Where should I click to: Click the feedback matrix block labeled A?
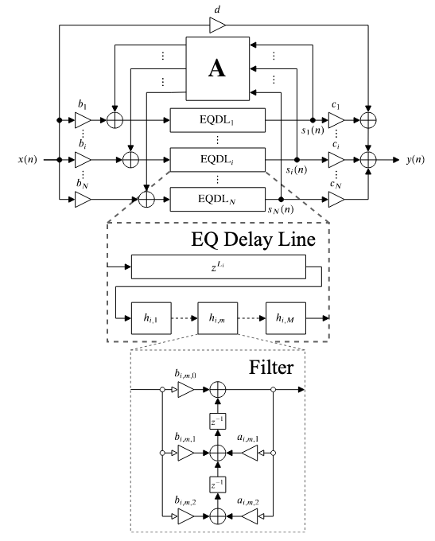coord(217,68)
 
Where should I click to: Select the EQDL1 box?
coord(217,120)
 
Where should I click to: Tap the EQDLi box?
coord(217,159)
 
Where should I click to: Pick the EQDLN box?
coord(217,199)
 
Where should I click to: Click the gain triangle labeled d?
coord(217,25)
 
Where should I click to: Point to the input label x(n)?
coord(28,159)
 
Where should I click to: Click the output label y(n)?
coord(415,159)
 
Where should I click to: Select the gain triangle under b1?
coord(83,120)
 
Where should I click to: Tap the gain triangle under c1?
coord(336,120)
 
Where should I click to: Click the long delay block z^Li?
coord(219,267)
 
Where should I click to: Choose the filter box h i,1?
coord(151,318)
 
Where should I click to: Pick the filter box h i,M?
coord(285,318)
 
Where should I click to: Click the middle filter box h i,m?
coord(217,318)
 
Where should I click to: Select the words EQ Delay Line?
coord(253,239)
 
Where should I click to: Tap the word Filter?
coord(271,367)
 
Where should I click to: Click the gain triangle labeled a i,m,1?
coord(250,453)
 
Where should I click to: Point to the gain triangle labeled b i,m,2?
coord(186,516)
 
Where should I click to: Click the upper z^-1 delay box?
coord(218,421)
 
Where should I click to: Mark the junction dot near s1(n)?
coord(313,120)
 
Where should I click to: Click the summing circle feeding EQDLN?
coord(146,200)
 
